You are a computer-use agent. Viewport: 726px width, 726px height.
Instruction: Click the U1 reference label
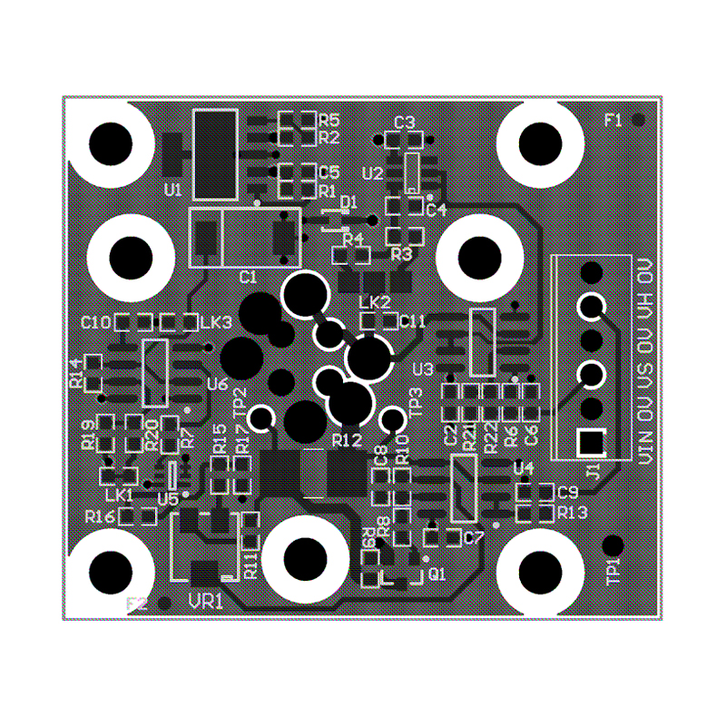click(x=172, y=190)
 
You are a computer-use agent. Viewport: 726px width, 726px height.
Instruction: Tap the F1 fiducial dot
click(x=639, y=120)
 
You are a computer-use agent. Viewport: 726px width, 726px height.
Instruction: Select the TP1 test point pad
click(x=613, y=545)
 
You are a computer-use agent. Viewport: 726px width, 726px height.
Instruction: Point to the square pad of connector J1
click(x=592, y=442)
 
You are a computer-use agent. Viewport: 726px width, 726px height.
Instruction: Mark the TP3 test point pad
click(x=393, y=419)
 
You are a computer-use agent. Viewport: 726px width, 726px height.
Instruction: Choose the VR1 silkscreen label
click(x=205, y=601)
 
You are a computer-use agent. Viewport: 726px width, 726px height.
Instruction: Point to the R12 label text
click(x=347, y=440)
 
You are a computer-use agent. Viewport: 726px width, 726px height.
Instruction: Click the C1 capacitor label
click(x=247, y=276)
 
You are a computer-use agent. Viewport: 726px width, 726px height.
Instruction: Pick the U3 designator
click(x=422, y=369)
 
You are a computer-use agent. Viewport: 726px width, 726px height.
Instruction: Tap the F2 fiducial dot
click(x=164, y=603)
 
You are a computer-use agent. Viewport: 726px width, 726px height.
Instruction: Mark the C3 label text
click(x=404, y=122)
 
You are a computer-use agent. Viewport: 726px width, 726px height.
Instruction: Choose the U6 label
click(x=217, y=384)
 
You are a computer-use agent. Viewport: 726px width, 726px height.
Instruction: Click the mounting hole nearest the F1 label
click(x=542, y=142)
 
